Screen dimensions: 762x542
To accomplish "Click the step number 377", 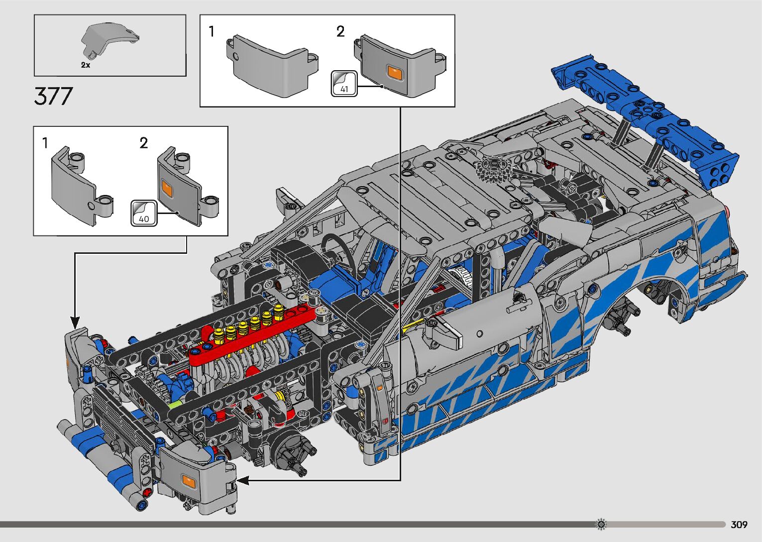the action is pyautogui.click(x=53, y=96).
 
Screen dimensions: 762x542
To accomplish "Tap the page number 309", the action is pyautogui.click(x=739, y=524).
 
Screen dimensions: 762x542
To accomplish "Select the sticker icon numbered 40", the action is pyautogui.click(x=144, y=214).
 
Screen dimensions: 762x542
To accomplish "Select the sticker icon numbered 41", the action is pyautogui.click(x=344, y=84).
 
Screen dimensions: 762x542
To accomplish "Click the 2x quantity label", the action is pyautogui.click(x=86, y=65).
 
